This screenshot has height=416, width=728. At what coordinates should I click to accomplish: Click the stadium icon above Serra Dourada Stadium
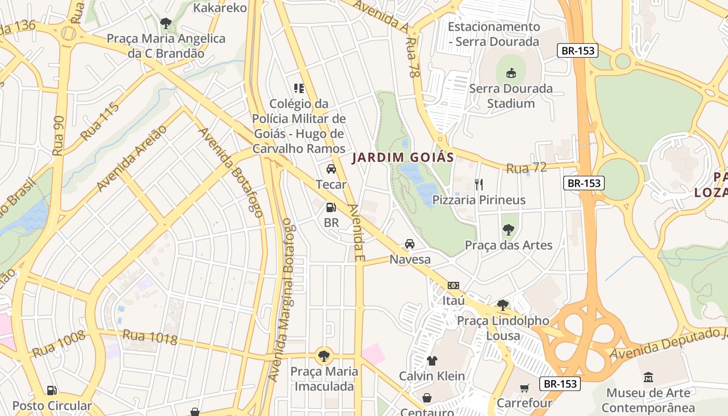tap(511, 73)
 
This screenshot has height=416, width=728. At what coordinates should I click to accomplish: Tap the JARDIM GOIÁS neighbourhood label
tap(403, 157)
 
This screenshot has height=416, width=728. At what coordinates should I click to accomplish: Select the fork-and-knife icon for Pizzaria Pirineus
tap(479, 184)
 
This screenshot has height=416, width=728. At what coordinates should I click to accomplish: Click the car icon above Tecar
tap(331, 169)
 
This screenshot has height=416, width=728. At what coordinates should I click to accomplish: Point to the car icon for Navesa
tap(410, 244)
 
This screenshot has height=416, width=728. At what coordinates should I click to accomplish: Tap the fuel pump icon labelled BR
tap(331, 207)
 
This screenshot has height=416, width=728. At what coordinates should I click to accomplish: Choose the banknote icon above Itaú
tap(453, 285)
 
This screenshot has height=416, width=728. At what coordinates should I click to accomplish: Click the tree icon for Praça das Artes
tap(508, 230)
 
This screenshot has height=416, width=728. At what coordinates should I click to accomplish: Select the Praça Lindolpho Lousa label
tap(502, 328)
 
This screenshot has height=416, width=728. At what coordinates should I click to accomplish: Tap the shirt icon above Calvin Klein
tap(432, 360)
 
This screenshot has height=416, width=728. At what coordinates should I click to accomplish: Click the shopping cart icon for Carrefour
tap(524, 388)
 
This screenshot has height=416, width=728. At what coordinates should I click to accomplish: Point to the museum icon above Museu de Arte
tap(648, 377)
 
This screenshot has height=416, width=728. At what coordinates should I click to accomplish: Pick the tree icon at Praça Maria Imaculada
tap(324, 356)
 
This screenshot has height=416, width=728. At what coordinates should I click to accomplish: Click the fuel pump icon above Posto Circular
tap(51, 390)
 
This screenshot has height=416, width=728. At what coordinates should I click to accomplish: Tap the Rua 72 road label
tap(526, 168)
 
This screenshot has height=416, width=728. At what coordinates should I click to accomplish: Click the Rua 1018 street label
tap(150, 337)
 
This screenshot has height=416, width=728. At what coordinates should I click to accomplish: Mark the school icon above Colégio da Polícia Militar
tap(298, 88)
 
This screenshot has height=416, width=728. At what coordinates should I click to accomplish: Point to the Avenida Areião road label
tap(132, 158)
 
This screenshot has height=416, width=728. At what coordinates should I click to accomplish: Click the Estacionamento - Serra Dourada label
tap(493, 34)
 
